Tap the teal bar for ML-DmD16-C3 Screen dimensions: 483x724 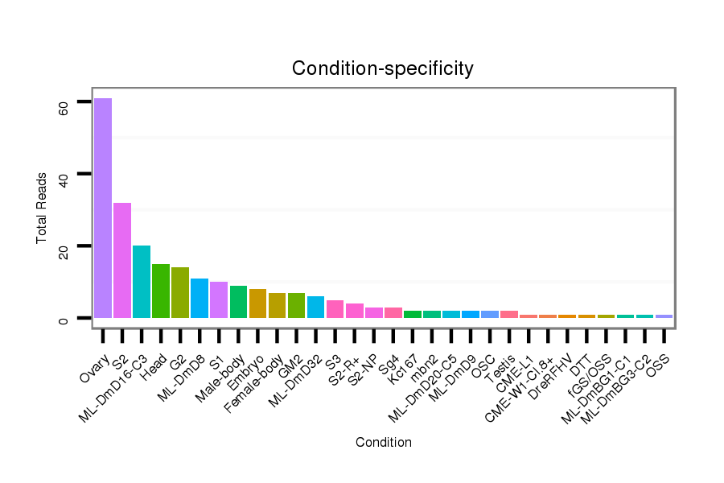click(x=142, y=282)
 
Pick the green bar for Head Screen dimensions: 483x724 click(x=161, y=291)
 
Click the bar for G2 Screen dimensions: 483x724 click(x=180, y=292)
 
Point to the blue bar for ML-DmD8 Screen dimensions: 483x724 click(x=200, y=298)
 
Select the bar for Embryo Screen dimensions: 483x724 click(x=257, y=303)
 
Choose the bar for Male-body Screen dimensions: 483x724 click(x=238, y=302)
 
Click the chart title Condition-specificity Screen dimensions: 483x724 click(x=383, y=68)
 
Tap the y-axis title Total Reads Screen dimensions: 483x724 click(x=41, y=208)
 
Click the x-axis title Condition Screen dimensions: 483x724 click(x=384, y=442)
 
